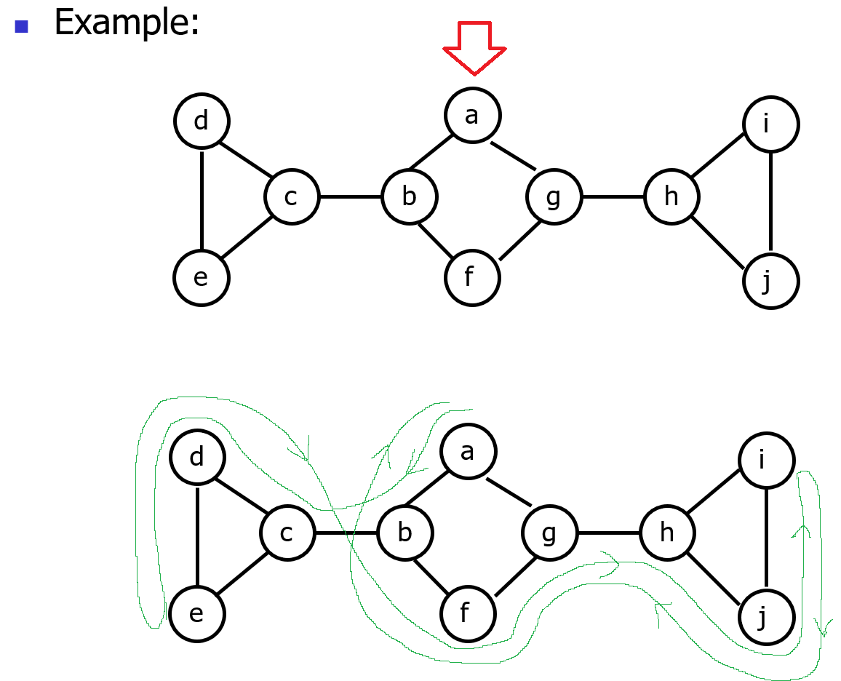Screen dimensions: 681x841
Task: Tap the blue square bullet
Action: (x=21, y=26)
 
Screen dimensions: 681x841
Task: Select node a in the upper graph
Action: (x=472, y=115)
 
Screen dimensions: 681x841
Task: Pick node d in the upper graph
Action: (x=202, y=121)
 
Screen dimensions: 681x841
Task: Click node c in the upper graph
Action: (x=291, y=197)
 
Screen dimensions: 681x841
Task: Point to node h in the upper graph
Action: (x=671, y=197)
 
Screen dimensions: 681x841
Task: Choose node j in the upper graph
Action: (x=770, y=281)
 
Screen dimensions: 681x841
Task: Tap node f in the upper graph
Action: (x=472, y=277)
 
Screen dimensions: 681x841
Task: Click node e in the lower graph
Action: (x=196, y=614)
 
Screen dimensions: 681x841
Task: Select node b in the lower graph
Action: (x=404, y=533)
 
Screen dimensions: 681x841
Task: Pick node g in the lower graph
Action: (x=549, y=533)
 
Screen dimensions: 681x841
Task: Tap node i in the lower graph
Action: (x=766, y=460)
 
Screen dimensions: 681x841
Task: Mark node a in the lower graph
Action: (x=468, y=451)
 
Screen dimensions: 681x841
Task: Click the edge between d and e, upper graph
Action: (x=202, y=199)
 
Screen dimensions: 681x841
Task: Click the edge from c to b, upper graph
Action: (x=350, y=197)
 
